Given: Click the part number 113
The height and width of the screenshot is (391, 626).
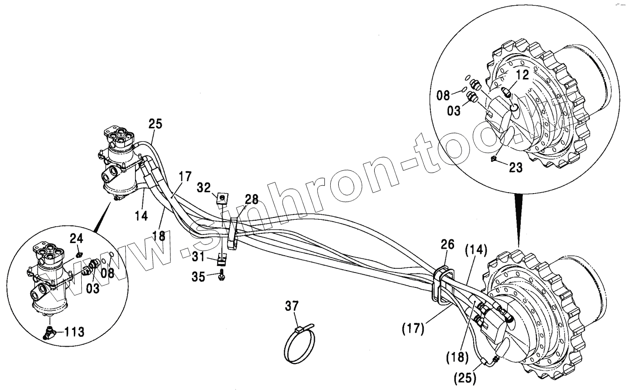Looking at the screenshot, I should pyautogui.click(x=74, y=332).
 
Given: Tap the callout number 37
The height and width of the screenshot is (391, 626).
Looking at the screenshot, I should pyautogui.click(x=292, y=306).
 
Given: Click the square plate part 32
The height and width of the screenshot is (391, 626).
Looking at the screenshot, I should pyautogui.click(x=223, y=199).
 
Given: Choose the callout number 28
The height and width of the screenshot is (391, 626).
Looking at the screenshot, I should pyautogui.click(x=251, y=200).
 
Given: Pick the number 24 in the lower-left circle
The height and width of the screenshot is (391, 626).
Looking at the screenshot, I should pyautogui.click(x=77, y=239).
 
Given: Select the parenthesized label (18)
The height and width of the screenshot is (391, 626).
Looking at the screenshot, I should pyautogui.click(x=458, y=358).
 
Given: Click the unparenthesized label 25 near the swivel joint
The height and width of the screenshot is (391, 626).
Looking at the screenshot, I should pyautogui.click(x=155, y=124).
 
